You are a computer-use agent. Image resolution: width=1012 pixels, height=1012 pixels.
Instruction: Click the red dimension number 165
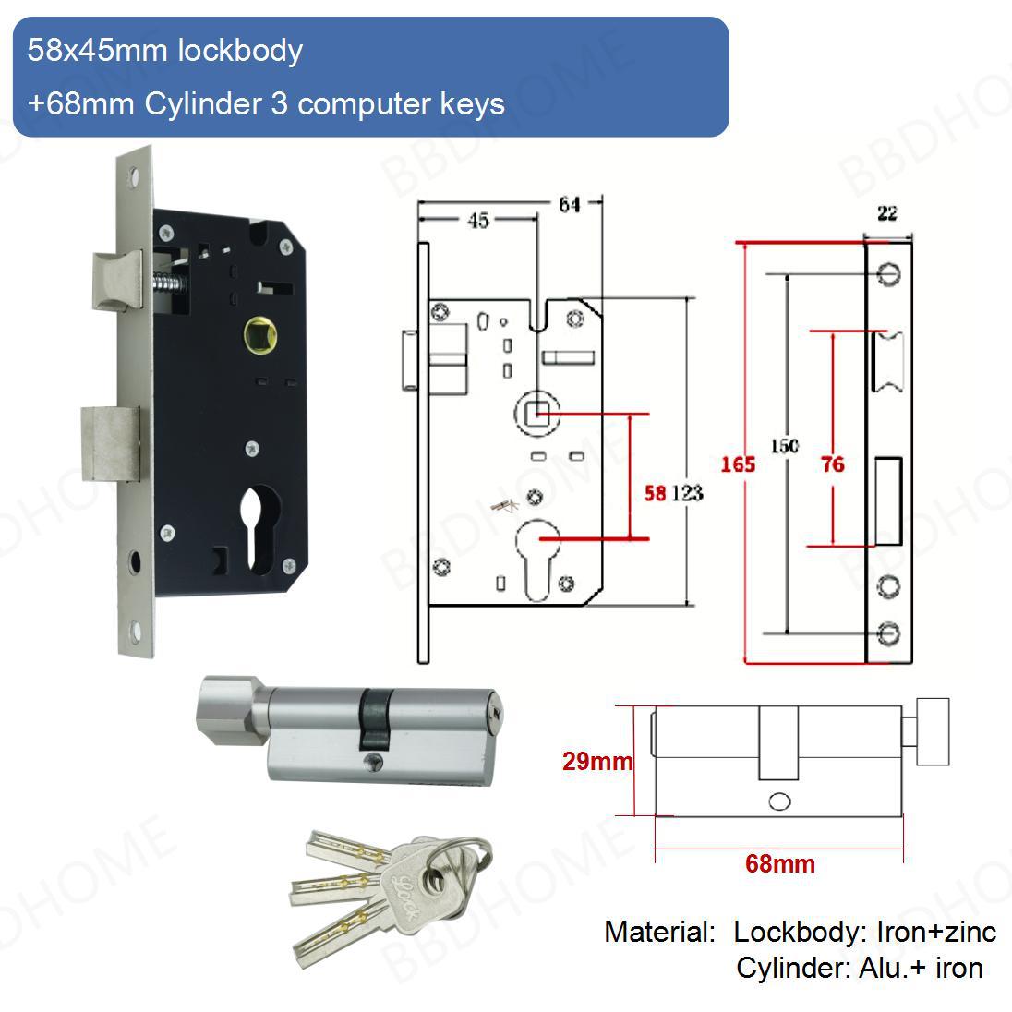coord(739,464)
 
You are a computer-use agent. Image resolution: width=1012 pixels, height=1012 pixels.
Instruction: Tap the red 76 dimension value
coord(833,464)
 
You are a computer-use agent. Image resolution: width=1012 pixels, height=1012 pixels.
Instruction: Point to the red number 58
coord(655,493)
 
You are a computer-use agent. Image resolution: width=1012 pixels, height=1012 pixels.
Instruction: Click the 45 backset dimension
coord(477,220)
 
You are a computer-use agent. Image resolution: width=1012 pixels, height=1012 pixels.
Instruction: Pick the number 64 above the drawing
coord(569,204)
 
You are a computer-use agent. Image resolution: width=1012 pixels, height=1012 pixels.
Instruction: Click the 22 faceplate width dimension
coord(886,213)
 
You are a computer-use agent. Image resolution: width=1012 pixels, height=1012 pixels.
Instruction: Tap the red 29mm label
coord(597,762)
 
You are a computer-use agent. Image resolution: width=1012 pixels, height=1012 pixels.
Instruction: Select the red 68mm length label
coord(780,864)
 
